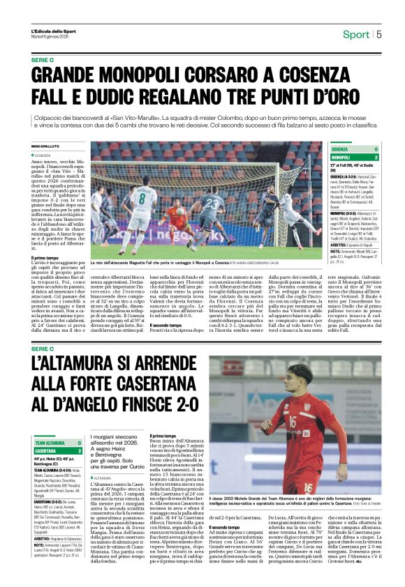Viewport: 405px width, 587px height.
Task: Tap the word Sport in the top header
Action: pos(356,34)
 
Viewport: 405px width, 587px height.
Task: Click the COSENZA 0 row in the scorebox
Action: pos(354,149)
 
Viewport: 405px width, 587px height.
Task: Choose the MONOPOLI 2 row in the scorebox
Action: pos(354,158)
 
